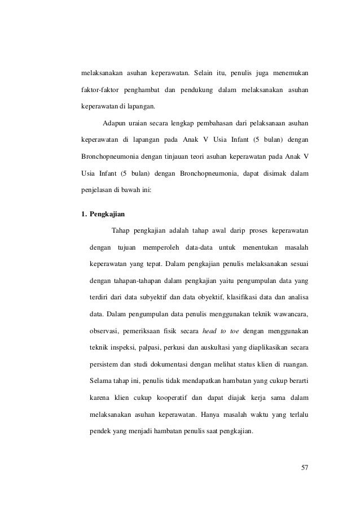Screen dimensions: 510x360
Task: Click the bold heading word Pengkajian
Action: tap(107, 215)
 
